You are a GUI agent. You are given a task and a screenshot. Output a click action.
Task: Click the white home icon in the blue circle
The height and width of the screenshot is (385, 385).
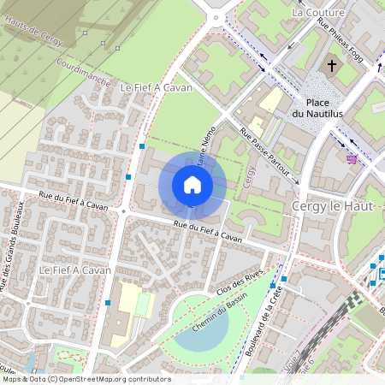192,184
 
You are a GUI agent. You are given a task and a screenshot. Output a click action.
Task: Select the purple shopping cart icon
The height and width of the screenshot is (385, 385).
352,158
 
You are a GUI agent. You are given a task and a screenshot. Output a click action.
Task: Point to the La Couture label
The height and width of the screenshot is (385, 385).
317,13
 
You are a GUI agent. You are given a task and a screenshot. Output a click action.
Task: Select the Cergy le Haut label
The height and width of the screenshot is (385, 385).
329,208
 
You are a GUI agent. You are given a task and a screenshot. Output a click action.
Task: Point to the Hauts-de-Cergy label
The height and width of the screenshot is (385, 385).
35,33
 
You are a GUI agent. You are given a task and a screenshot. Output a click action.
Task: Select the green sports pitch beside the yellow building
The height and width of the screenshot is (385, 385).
143,305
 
